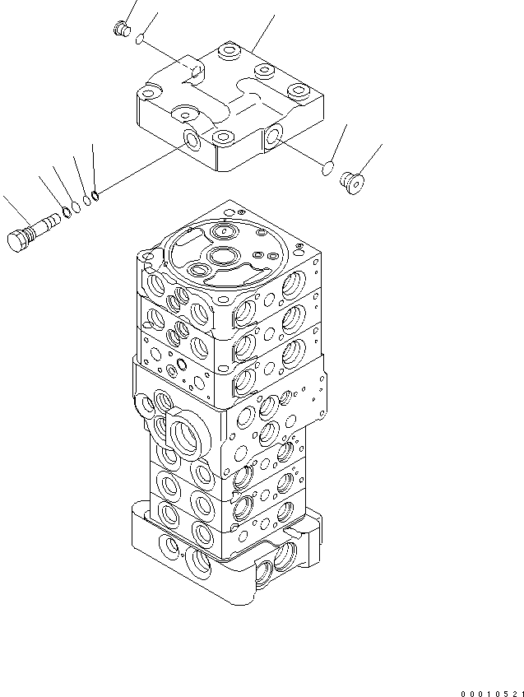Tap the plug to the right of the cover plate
(x=355, y=183)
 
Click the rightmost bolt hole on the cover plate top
(x=296, y=90)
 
